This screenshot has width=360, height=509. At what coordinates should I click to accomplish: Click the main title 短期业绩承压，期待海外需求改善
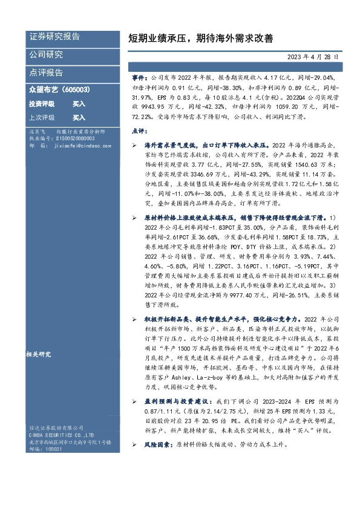pyautogui.click(x=201, y=38)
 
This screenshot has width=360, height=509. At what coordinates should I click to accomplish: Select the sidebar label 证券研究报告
pyautogui.click(x=54, y=37)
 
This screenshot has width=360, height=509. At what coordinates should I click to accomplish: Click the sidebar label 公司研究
pyautogui.click(x=46, y=55)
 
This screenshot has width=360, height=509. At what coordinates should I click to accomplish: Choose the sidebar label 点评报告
pyautogui.click(x=46, y=73)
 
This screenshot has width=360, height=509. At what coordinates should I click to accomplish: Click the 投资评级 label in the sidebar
pyautogui.click(x=42, y=104)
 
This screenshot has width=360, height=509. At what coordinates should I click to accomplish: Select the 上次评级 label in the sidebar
pyautogui.click(x=42, y=118)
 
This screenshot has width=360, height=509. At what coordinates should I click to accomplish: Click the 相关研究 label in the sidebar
pyautogui.click(x=39, y=354)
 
